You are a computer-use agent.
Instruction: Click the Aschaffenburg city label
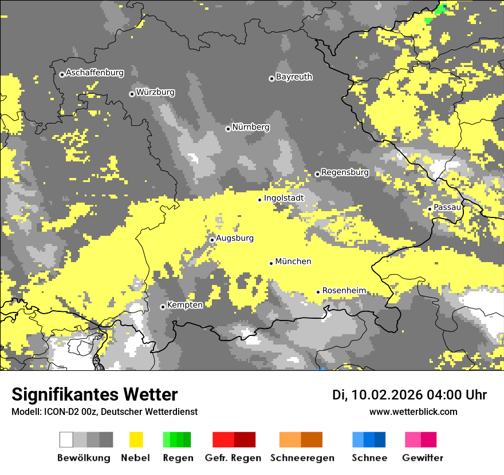click(94, 73)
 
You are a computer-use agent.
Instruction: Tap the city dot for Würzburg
click(132, 94)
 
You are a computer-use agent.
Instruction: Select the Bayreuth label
click(294, 77)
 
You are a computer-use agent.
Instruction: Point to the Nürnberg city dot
click(228, 129)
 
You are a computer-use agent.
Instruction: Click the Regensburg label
click(345, 172)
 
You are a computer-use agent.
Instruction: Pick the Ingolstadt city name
click(283, 198)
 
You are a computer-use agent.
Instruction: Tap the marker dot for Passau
click(430, 209)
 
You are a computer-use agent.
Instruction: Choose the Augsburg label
click(235, 238)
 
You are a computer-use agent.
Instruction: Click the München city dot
click(271, 263)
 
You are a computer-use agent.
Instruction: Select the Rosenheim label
click(344, 291)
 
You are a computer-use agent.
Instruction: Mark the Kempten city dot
click(163, 307)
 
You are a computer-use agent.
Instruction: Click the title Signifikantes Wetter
click(94, 395)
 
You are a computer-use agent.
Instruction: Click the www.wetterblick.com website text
click(414, 411)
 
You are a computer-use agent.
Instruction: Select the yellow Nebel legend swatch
click(136, 440)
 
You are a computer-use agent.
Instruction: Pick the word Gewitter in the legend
click(423, 458)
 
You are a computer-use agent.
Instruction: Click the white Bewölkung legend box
click(66, 440)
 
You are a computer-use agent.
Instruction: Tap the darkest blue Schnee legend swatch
click(380, 440)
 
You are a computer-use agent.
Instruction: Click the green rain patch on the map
click(440, 10)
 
